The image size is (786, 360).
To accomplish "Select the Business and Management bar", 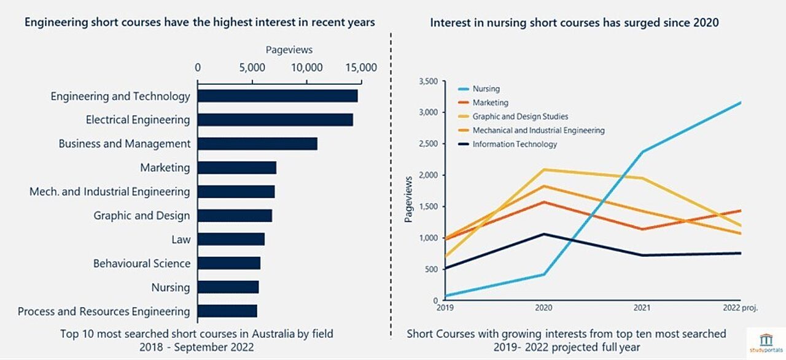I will click(257, 144).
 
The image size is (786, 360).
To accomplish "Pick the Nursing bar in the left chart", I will click(228, 288).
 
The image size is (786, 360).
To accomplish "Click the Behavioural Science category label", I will click(142, 264).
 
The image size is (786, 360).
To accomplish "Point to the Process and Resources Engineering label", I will click(104, 311).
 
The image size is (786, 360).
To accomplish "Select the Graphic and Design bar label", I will click(142, 216).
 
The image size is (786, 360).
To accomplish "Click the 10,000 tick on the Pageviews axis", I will click(306, 68).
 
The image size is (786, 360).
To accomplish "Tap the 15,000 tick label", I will click(360, 68).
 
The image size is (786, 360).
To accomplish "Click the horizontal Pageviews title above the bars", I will click(289, 50).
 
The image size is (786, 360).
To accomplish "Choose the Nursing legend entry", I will click(486, 89).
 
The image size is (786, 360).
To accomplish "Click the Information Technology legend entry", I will click(515, 144).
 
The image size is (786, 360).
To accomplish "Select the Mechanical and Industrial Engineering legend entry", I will click(538, 130).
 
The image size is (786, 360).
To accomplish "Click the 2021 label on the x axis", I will click(643, 308).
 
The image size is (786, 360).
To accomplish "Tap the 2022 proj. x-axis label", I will click(740, 308).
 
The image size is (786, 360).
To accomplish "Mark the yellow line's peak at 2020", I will click(543, 170).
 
